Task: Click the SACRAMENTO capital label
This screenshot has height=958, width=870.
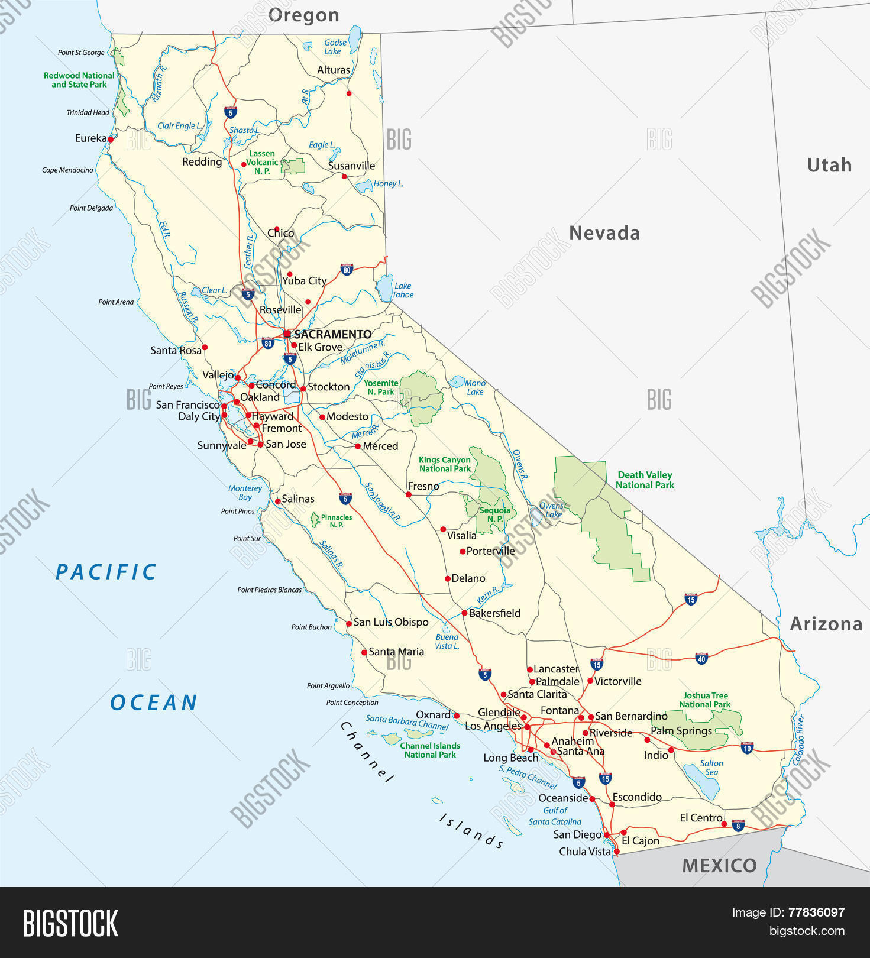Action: point(332,334)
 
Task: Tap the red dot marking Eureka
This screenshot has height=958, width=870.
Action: point(111,140)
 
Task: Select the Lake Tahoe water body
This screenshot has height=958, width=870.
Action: point(384,287)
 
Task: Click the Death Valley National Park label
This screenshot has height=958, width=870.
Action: point(645,480)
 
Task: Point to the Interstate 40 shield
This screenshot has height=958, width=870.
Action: point(701,658)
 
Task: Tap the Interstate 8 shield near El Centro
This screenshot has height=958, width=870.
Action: point(738,826)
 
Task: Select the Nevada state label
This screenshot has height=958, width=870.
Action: point(604,233)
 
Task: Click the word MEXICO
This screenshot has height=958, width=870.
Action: point(719,866)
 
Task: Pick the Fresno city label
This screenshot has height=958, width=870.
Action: point(423,486)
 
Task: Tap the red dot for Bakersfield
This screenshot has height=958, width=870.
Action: point(464,613)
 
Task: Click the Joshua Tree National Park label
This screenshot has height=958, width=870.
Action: point(704,700)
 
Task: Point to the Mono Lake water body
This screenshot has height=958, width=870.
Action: point(457,382)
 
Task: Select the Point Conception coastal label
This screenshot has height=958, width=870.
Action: point(352,703)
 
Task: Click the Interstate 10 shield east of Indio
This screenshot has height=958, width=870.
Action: point(747,747)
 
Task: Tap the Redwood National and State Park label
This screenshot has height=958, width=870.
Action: point(79,80)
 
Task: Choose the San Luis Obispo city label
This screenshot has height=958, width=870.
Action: point(390,622)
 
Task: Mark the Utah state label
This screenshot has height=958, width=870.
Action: point(829,165)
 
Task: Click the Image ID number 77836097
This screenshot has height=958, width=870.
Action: point(816,912)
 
